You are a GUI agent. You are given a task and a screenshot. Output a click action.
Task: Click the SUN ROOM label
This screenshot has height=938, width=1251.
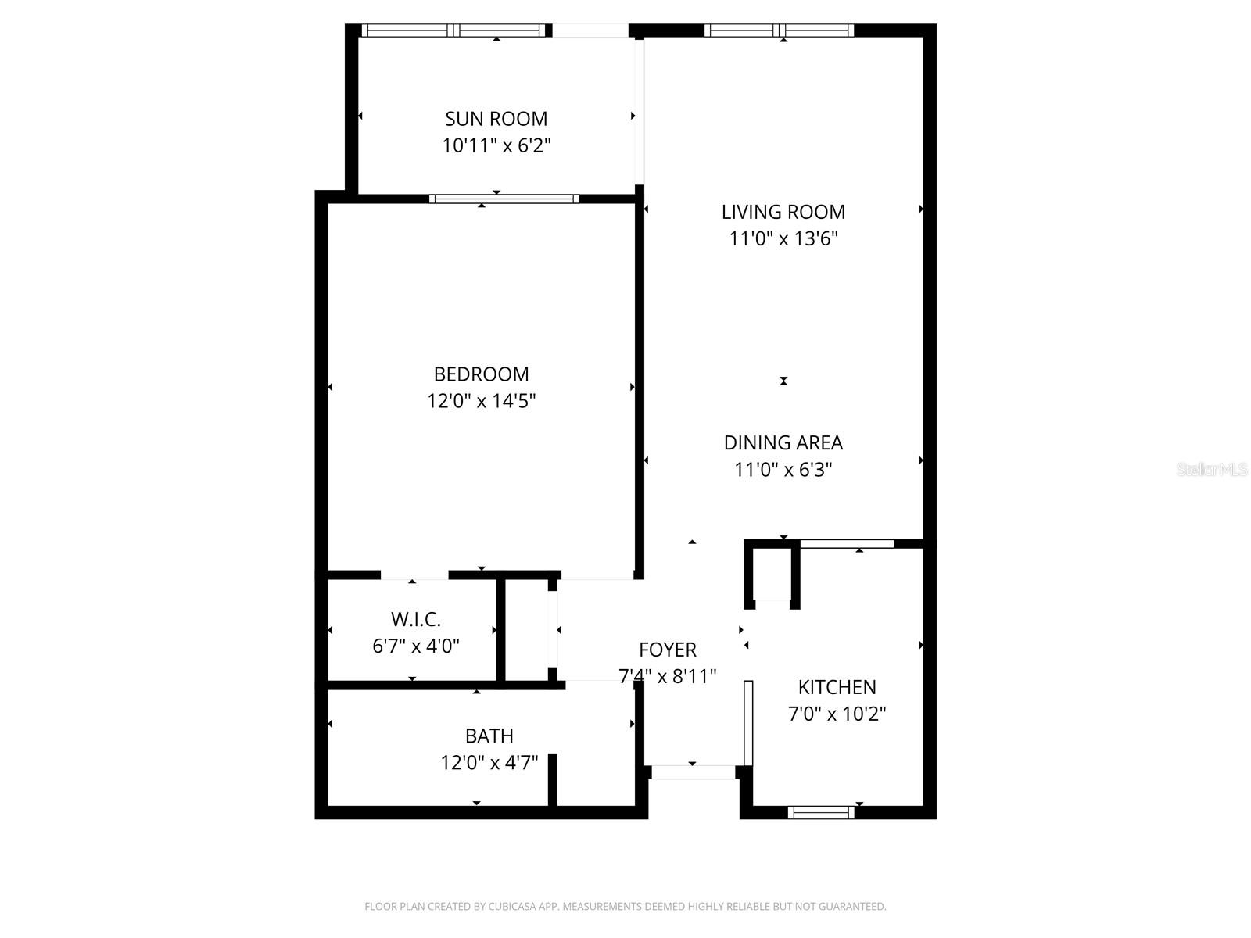[x=496, y=119]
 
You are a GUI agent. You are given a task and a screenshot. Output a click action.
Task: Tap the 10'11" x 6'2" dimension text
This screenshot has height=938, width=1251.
[x=496, y=145]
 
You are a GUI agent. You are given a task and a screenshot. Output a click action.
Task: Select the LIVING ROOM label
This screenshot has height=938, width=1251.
[x=783, y=212]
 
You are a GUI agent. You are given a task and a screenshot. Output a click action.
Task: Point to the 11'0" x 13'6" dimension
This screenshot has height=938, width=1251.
[x=783, y=238]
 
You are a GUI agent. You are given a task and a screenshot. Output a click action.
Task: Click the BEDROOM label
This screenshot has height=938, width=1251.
[x=481, y=374]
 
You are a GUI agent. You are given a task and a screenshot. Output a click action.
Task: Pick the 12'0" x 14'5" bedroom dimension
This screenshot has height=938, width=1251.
[x=481, y=401]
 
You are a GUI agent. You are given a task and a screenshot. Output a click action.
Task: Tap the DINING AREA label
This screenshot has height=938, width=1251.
[x=783, y=442]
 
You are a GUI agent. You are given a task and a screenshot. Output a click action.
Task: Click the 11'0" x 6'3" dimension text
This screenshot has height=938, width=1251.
[x=783, y=470]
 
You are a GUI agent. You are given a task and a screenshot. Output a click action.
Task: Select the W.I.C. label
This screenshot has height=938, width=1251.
[x=416, y=620]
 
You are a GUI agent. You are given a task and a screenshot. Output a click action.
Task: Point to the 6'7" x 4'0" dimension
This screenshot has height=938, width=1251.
[x=416, y=646]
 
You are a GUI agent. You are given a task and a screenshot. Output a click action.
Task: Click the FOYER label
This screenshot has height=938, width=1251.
[x=667, y=650]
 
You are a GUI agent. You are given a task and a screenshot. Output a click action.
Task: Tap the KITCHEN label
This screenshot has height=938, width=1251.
[x=837, y=687]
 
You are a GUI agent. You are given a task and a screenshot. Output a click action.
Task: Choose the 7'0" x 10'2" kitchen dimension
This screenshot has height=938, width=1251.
[x=837, y=714]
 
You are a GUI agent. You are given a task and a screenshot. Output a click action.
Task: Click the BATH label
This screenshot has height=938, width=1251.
[x=489, y=736]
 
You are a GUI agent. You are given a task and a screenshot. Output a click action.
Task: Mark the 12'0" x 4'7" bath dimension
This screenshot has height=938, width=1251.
[x=489, y=762]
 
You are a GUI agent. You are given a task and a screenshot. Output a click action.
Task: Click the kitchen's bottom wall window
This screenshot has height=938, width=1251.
[x=821, y=813]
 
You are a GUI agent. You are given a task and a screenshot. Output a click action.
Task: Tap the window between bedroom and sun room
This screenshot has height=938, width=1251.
[x=504, y=199]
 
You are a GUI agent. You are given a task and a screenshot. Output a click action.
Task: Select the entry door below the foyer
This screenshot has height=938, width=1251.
[x=693, y=772]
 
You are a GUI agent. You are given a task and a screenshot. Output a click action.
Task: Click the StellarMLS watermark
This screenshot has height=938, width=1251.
[x=1212, y=470]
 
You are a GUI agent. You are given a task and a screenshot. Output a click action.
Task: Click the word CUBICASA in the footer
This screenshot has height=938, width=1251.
[x=511, y=907]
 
